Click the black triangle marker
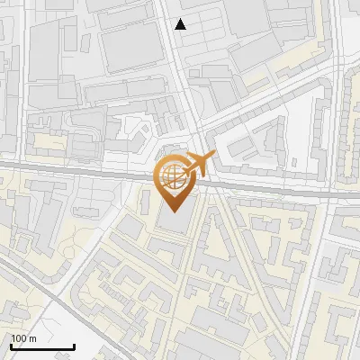[182, 24]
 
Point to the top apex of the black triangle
[182, 19]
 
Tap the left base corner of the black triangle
[176, 29]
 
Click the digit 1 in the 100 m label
[13, 338]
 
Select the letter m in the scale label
[33, 338]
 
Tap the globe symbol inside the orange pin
[175, 175]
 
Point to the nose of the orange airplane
[214, 157]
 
